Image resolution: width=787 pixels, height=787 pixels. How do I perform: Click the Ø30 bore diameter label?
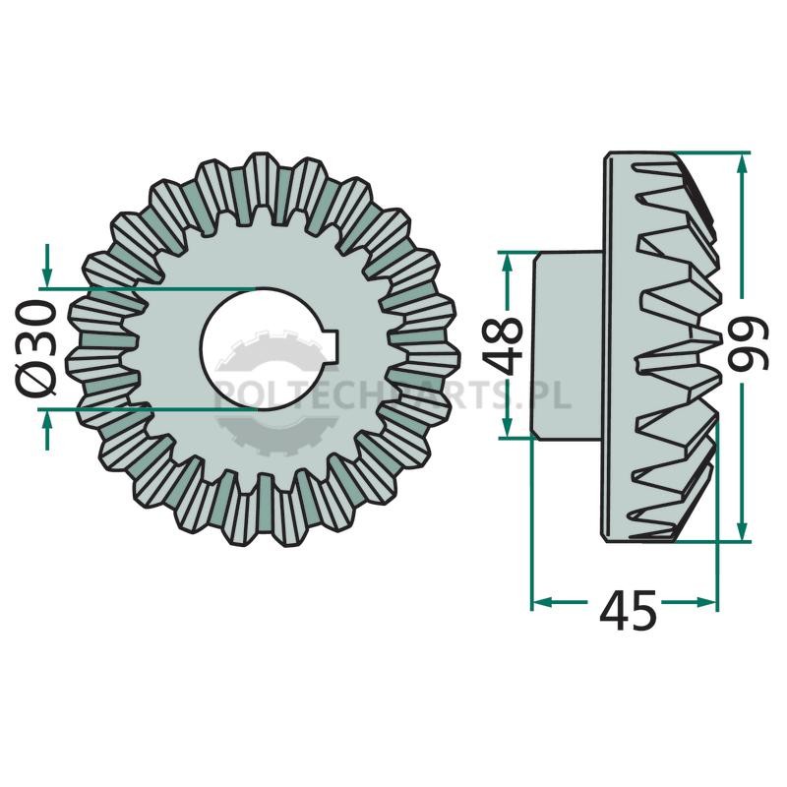point(35,348)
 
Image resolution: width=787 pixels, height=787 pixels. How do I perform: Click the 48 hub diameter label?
point(502,345)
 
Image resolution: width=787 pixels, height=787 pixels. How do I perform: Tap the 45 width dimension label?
point(628,610)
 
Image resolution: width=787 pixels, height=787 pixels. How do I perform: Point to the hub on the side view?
point(568,345)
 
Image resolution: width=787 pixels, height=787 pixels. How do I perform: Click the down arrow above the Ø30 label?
point(47,265)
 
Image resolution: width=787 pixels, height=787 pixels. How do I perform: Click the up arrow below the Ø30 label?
point(47,430)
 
